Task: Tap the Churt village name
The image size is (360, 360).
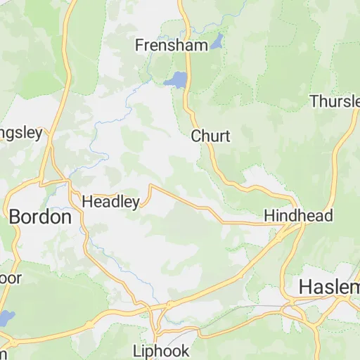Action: pos(210,136)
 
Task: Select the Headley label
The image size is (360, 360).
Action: pos(111,202)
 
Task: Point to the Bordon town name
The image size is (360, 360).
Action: pos(40,217)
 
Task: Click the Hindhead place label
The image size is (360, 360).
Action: pos(298,216)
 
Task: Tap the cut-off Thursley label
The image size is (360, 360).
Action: pos(335,102)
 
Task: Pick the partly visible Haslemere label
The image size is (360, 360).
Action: pos(329,287)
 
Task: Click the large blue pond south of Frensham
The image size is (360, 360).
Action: pos(176,79)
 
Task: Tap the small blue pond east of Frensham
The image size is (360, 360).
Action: pos(217,40)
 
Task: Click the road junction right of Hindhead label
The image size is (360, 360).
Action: pos(303,225)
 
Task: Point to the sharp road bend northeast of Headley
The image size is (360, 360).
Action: pos(150,186)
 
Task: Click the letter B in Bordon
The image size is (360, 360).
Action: pos(15,217)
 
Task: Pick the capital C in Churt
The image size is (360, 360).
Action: pos(197,136)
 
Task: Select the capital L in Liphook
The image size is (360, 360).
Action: pos(137,350)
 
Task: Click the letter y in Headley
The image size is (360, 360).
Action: pos(135,203)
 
